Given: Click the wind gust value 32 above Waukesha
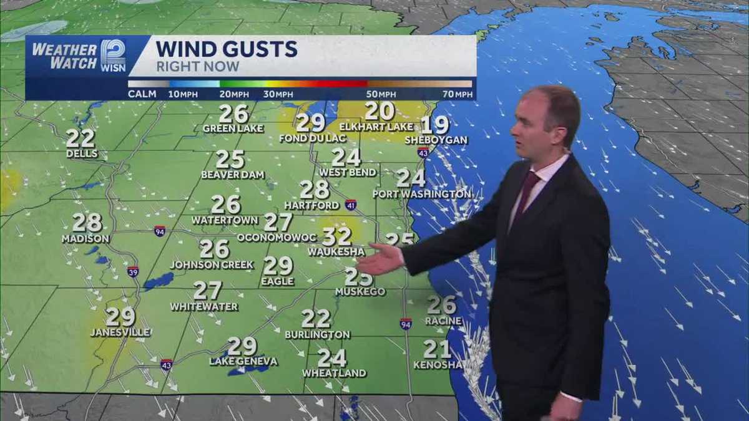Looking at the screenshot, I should [337, 236].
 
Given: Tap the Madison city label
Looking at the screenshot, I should [86, 238].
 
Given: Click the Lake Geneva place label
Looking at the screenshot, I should [243, 362].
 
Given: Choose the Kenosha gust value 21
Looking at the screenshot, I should [437, 349].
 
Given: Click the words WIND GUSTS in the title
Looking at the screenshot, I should [226, 49].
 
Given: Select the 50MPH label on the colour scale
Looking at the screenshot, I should [378, 94].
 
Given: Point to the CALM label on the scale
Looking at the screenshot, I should [142, 94].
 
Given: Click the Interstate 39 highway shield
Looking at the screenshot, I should [133, 271].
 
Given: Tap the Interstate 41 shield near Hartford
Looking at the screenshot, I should [351, 205].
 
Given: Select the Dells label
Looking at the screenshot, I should [82, 153].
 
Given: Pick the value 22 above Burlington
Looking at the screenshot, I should [316, 319].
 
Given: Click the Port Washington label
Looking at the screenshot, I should [422, 194].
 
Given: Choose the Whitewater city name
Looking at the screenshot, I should [204, 306].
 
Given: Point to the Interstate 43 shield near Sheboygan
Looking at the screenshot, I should [423, 152].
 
